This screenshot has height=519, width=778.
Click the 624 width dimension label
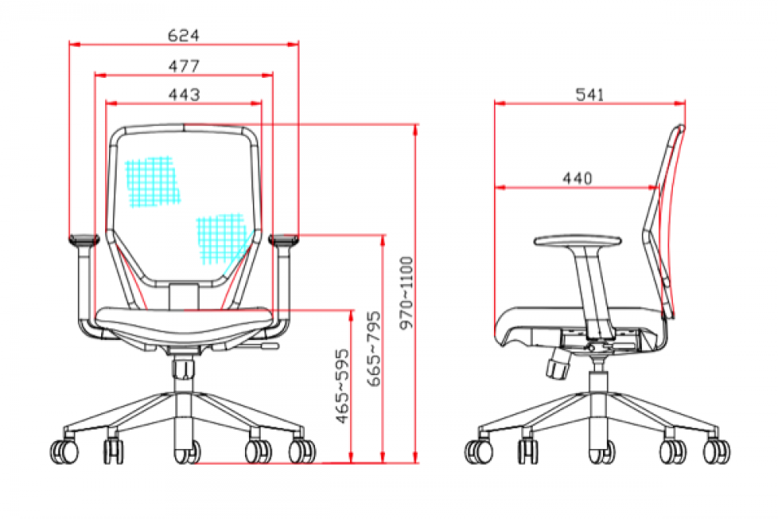click(184, 36)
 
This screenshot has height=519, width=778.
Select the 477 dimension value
click(184, 66)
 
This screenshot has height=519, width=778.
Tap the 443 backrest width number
click(184, 94)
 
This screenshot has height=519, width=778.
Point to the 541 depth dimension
click(590, 94)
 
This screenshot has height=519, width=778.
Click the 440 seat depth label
click(577, 178)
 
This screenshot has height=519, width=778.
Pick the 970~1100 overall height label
click(406, 293)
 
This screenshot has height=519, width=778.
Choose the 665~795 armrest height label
click(374, 349)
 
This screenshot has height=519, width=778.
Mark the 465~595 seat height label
click(342, 387)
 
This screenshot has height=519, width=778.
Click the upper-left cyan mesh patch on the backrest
click(152, 181)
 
